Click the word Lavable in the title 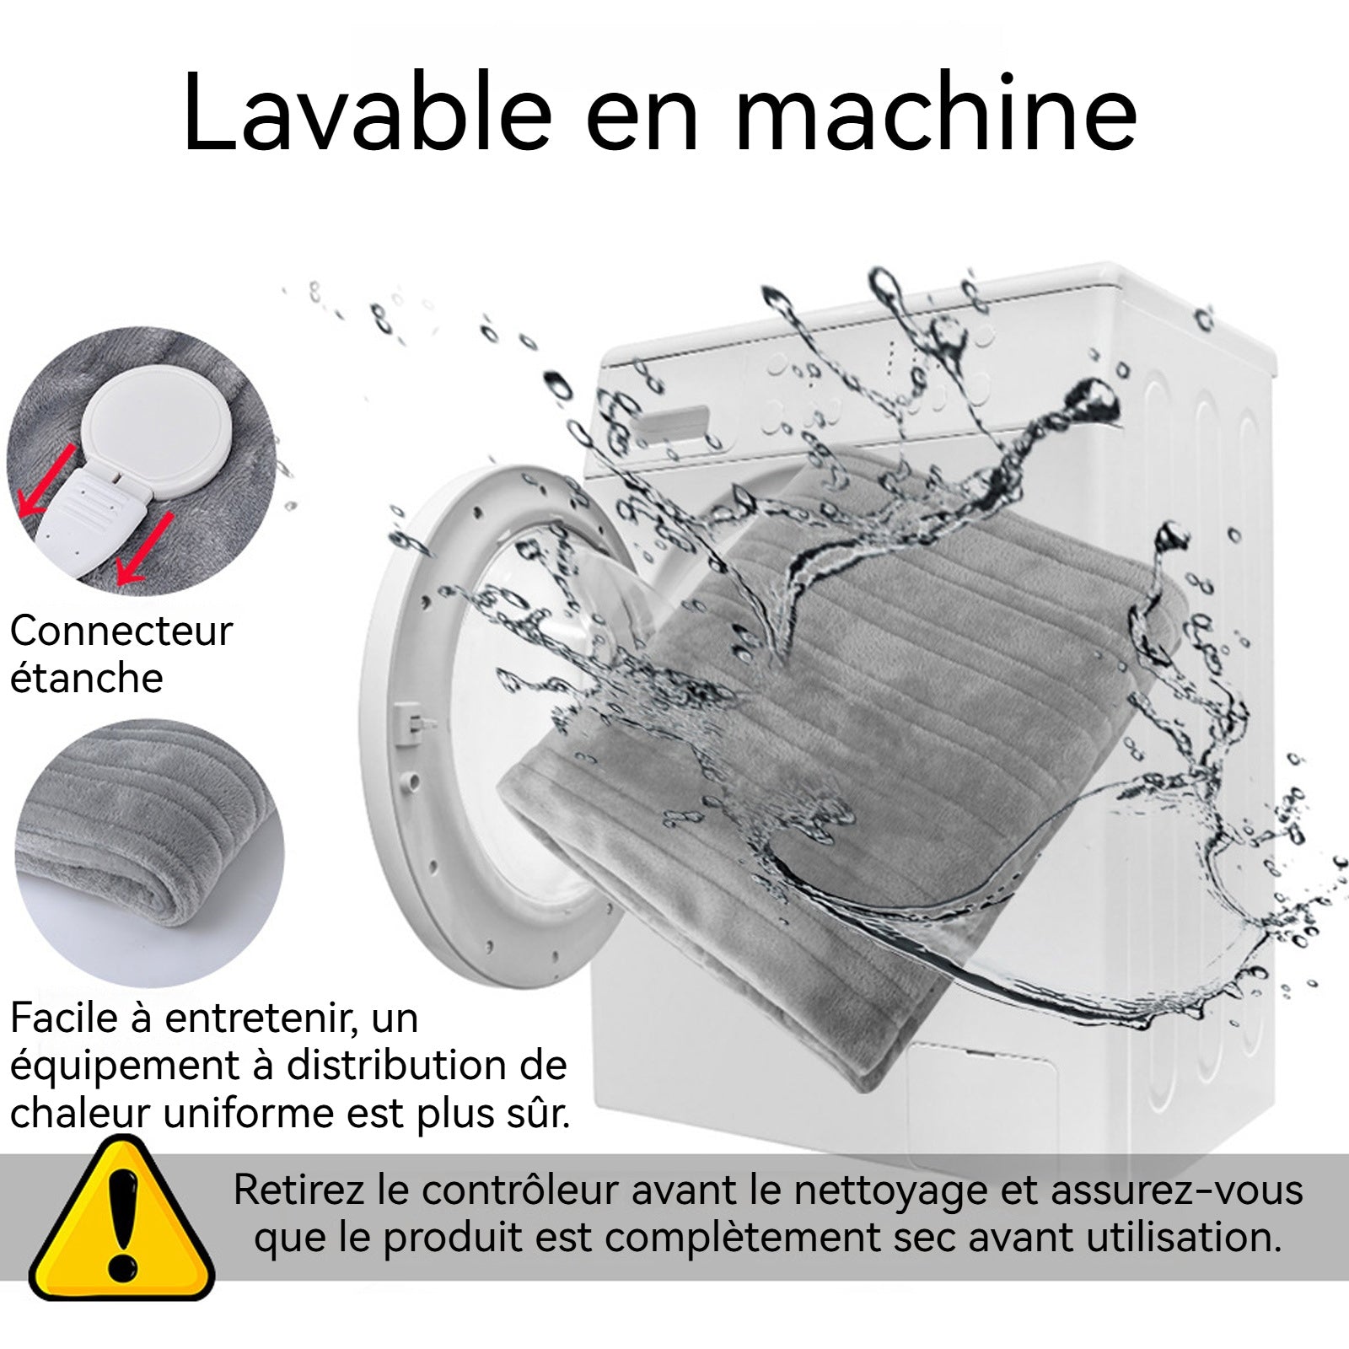pyautogui.click(x=368, y=113)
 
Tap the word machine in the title pyautogui.click(x=937, y=113)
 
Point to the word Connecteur pyautogui.click(x=121, y=631)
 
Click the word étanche pyautogui.click(x=86, y=678)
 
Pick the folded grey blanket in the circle pyautogui.click(x=149, y=852)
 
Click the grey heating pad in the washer pyautogui.click(x=843, y=776)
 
